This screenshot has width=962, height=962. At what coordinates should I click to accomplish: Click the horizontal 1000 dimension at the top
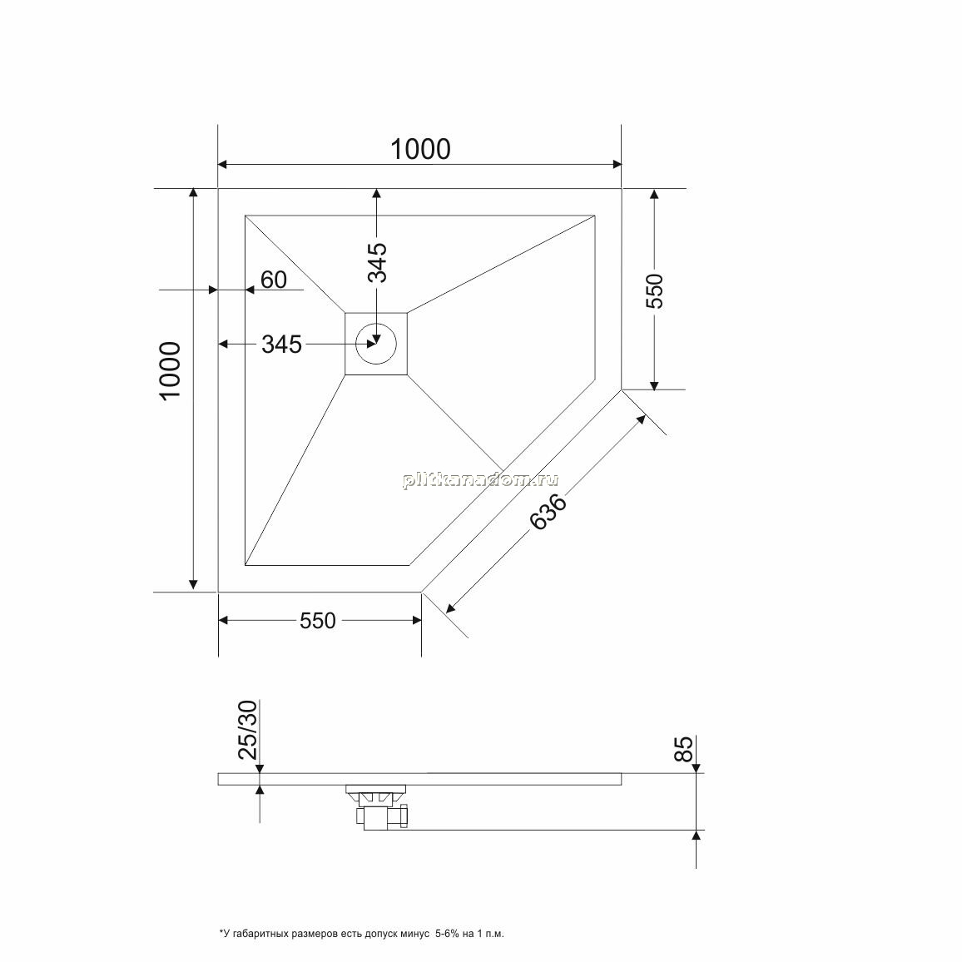point(420,149)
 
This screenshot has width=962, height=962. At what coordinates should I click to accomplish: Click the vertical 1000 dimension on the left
point(170,370)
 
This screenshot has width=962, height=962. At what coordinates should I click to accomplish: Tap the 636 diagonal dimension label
point(548,512)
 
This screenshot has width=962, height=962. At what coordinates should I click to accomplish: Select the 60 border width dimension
point(274,280)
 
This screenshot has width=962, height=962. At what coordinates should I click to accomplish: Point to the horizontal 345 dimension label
point(281,345)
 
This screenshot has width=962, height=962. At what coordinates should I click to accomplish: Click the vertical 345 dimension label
point(377,262)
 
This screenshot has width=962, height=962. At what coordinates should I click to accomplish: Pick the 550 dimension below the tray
point(318,621)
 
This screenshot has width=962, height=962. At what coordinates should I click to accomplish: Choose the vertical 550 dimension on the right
point(655,291)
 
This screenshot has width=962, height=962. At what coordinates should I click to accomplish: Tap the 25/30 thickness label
point(249,730)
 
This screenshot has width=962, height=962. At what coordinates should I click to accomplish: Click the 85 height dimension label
point(684,748)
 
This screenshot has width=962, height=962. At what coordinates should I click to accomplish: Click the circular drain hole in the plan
point(376,344)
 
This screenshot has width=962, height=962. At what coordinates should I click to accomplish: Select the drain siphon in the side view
point(378,806)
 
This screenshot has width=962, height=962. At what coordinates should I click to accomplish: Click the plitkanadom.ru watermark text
point(480,480)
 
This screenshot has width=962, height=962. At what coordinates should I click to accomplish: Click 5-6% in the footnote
point(447,934)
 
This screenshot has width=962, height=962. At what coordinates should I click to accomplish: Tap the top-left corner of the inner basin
point(245,216)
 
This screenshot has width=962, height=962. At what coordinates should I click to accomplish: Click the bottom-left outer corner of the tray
point(218,592)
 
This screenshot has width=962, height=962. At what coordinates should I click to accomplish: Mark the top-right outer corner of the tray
point(622,188)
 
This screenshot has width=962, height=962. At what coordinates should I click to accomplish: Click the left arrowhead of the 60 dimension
point(214,290)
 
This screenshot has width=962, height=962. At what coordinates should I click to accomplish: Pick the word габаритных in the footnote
point(257,935)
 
